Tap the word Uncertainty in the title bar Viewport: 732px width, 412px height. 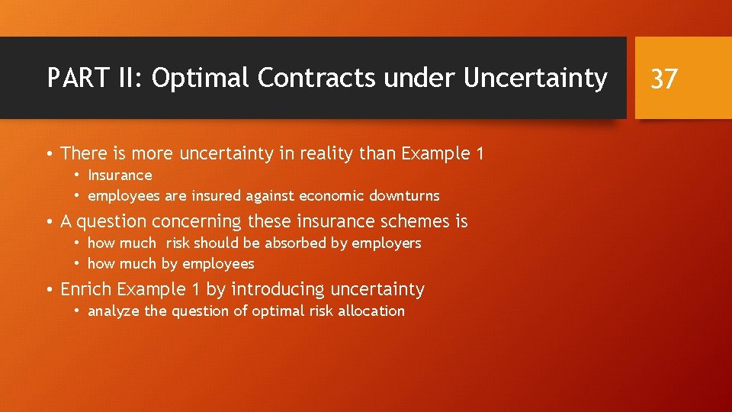click(x=533, y=78)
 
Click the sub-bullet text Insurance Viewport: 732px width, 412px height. click(x=120, y=175)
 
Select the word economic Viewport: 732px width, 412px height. click(x=332, y=196)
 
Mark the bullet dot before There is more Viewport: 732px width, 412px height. click(x=49, y=154)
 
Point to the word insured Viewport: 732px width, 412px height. click(x=216, y=196)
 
